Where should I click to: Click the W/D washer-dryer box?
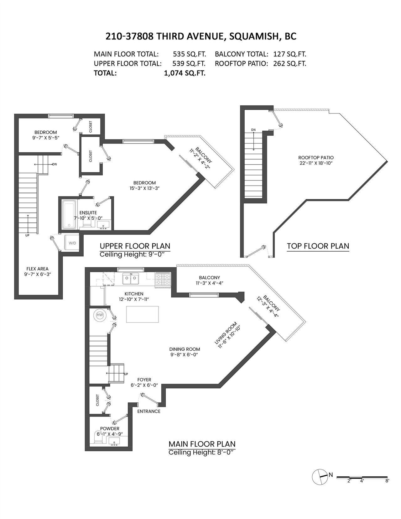tap(72, 243)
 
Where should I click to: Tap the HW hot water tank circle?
tap(100, 315)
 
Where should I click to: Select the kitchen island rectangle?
tap(143, 314)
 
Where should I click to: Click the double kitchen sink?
tap(131, 279)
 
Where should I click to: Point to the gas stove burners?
tap(163, 279)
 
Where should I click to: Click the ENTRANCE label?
tap(149, 411)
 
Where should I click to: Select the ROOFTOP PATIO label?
tap(316, 158)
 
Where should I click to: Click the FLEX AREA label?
tap(38, 269)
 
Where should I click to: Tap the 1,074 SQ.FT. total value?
tap(185, 73)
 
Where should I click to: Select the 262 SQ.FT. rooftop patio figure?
tap(290, 64)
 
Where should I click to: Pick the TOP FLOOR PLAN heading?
tap(318, 246)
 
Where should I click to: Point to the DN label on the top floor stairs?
tap(253, 130)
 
